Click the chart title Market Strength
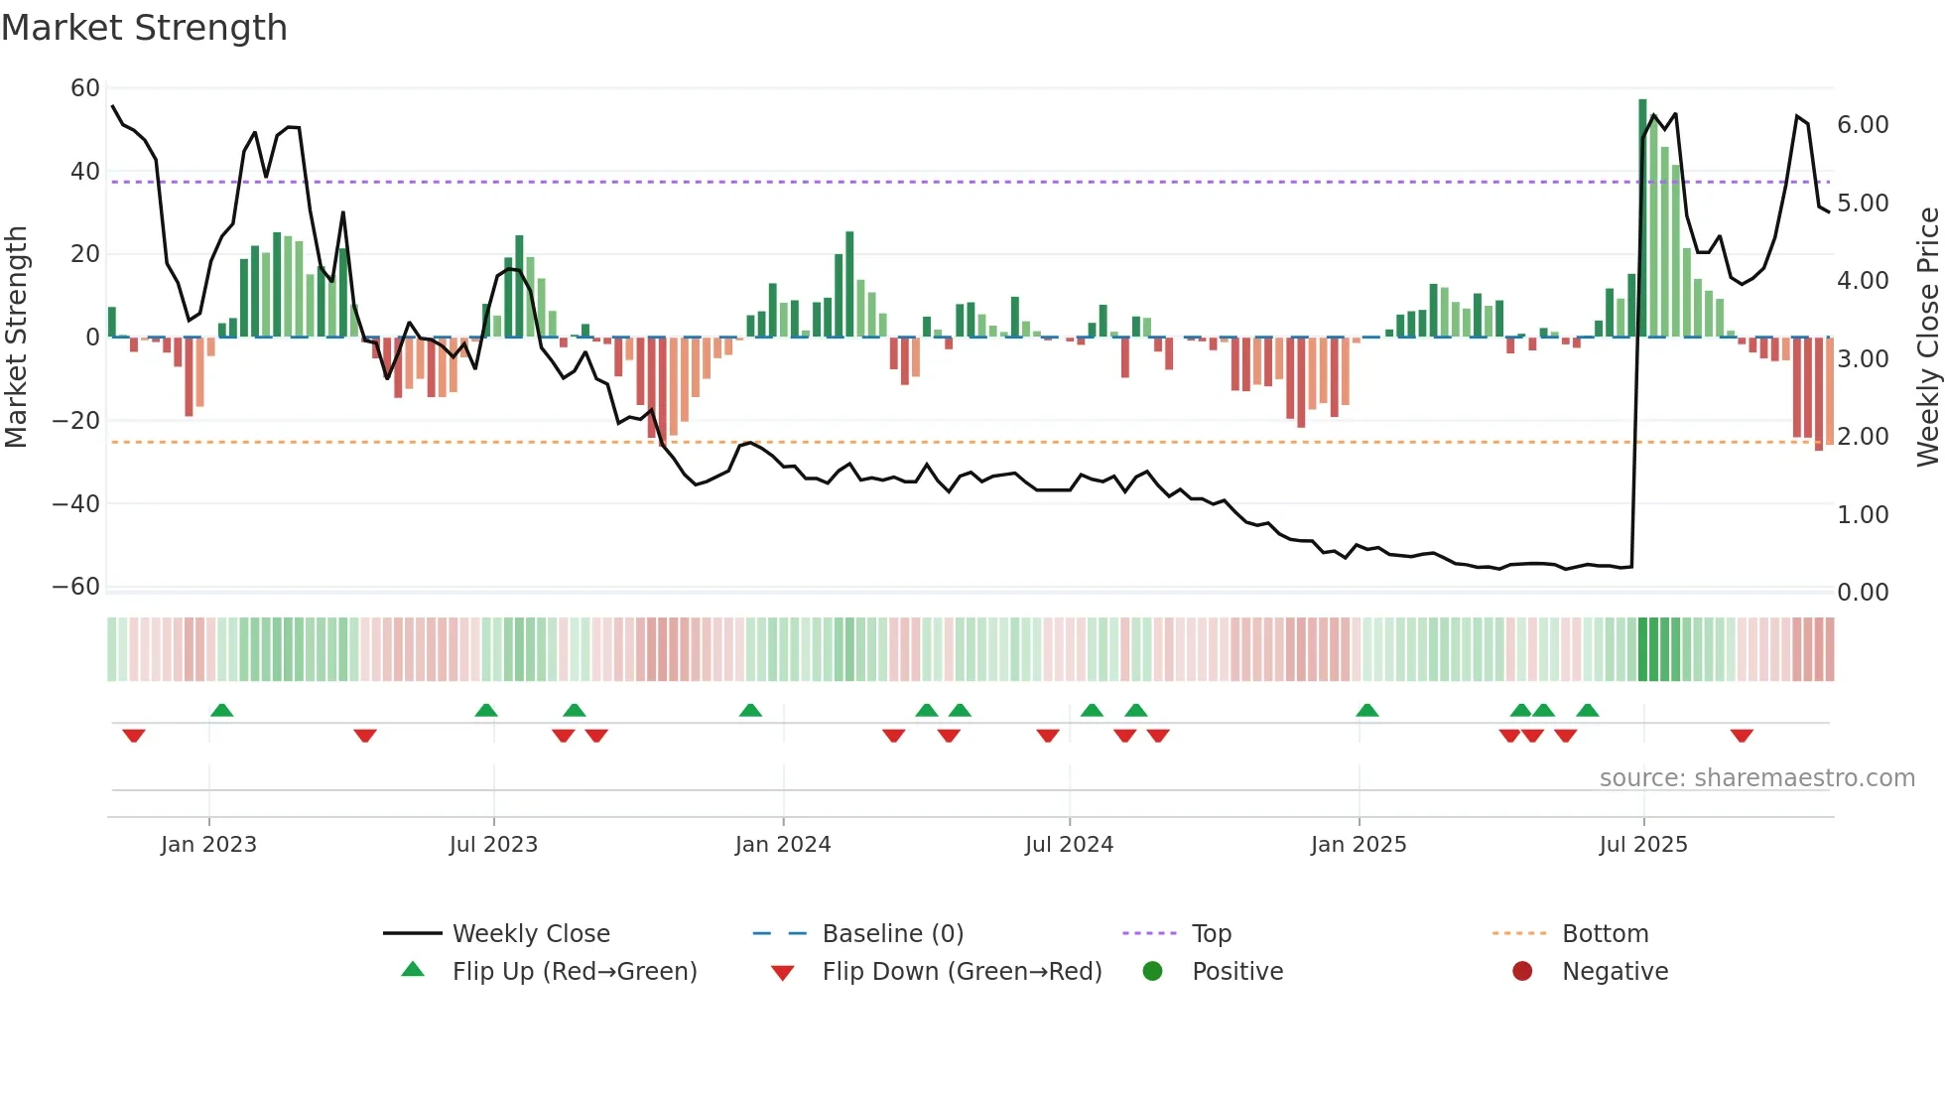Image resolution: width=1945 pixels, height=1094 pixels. (x=144, y=28)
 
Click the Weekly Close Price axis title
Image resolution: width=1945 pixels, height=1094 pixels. (x=1927, y=337)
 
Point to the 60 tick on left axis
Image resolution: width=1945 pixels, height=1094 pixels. (x=84, y=88)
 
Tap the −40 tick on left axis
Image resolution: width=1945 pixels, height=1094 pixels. (x=76, y=503)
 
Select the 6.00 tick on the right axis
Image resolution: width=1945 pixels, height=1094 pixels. (x=1862, y=125)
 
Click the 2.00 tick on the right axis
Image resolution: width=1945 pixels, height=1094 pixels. (x=1862, y=437)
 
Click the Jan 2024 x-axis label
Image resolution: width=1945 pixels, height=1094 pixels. (x=782, y=845)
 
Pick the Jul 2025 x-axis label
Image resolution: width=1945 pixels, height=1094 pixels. (x=1642, y=845)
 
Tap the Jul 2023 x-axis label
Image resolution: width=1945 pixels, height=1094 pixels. (x=492, y=845)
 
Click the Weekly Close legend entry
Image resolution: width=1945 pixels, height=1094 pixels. (x=530, y=934)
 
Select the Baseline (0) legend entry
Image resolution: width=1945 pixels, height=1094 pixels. (x=892, y=934)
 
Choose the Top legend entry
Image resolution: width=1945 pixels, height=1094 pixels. (x=1211, y=934)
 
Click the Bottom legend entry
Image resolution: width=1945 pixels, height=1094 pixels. (x=1604, y=934)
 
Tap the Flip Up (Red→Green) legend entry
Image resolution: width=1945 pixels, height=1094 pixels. (x=574, y=972)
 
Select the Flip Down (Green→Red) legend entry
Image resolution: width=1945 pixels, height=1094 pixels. (x=961, y=972)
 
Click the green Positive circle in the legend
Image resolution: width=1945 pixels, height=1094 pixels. (x=1152, y=972)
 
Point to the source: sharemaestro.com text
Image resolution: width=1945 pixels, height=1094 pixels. (x=1756, y=778)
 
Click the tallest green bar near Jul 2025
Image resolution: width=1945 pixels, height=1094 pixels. (x=1642, y=218)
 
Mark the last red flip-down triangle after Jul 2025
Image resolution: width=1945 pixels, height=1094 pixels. (x=1741, y=736)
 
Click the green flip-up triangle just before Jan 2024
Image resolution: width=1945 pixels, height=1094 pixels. (x=750, y=710)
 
